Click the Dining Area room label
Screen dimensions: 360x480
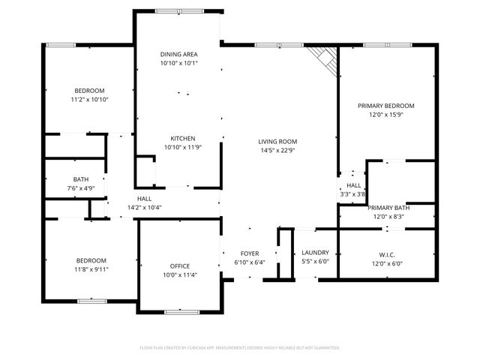[x=179, y=54]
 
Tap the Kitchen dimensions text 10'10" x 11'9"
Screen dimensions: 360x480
[x=183, y=148]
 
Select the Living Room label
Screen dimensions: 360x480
[x=278, y=141]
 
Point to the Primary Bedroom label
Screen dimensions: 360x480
[x=386, y=106]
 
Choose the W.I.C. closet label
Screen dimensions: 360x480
[x=387, y=253]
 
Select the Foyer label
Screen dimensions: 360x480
[x=250, y=253]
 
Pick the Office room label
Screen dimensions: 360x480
[x=179, y=265]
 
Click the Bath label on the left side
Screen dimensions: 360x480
[x=81, y=179]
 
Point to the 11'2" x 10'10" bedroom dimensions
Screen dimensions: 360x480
[x=90, y=99]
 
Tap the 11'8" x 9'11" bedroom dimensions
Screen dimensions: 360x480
[x=90, y=268]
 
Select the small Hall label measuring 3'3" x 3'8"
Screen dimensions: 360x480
[x=353, y=185]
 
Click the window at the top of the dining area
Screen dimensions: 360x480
[x=178, y=11]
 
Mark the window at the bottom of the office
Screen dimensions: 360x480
[x=179, y=310]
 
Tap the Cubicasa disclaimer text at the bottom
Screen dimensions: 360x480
[x=240, y=347]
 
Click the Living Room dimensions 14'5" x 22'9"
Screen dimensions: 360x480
[x=278, y=151]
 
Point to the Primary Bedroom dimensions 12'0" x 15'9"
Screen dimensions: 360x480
[x=386, y=115]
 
